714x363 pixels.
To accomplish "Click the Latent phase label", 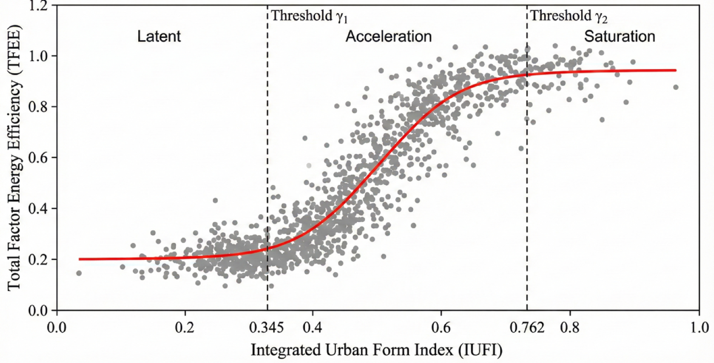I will click(159, 36).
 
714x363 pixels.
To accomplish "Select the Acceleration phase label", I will click(388, 36).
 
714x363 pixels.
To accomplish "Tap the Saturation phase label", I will click(619, 36).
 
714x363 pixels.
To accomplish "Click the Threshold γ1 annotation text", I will click(309, 16).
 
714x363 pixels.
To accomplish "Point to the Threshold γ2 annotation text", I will click(568, 16).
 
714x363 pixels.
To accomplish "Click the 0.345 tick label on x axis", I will click(266, 328).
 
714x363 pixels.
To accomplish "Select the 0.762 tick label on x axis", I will click(527, 328).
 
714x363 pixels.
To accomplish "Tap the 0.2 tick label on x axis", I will click(184, 328).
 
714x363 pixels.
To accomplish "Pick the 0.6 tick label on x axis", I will click(441, 328).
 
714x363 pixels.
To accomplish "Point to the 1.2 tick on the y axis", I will click(38, 6).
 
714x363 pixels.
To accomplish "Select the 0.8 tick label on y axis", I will click(38, 107).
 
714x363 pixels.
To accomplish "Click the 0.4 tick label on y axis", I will click(38, 209).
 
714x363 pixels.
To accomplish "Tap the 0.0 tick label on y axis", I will click(38, 310).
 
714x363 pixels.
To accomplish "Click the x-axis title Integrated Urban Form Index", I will click(376, 350).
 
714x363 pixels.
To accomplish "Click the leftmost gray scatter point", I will click(79, 273).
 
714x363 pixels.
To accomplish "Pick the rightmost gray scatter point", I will click(676, 87).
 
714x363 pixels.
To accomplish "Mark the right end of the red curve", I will click(676, 70).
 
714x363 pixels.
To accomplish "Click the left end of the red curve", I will click(80, 259).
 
